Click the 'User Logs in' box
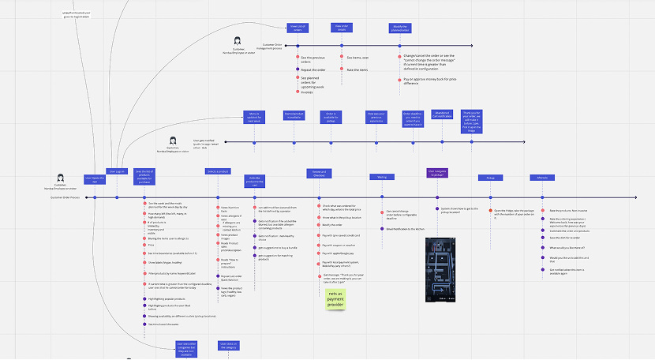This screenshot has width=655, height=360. tap(116, 171)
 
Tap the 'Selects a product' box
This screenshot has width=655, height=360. tap(218, 171)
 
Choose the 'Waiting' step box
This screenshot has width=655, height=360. tap(382, 177)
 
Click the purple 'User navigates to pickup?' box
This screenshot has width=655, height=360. tap(436, 171)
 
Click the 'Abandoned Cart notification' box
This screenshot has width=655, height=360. tap(441, 115)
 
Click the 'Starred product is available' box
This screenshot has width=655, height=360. tap(294, 115)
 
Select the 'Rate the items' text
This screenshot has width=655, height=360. tap(358, 70)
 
